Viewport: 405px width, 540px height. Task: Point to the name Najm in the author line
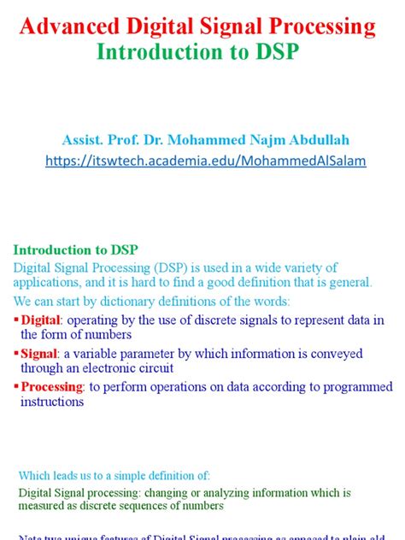click(256, 138)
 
